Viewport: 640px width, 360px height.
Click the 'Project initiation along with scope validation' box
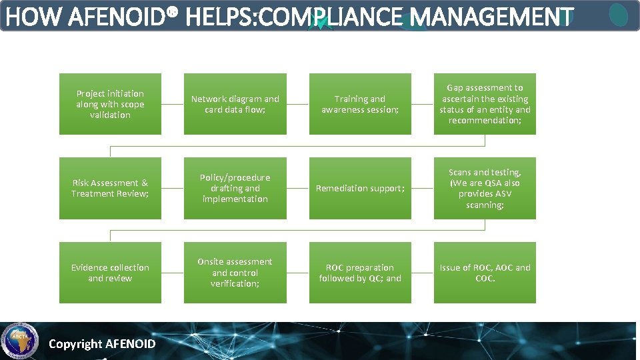(110, 104)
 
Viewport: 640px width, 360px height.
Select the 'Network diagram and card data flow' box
(235, 104)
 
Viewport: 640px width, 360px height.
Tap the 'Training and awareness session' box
(360, 104)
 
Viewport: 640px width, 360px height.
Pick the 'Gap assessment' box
(485, 104)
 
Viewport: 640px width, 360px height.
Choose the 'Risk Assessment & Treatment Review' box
(110, 188)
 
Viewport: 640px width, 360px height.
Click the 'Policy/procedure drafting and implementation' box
(235, 188)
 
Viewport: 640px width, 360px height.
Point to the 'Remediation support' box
(360, 188)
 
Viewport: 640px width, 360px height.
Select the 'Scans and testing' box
(485, 188)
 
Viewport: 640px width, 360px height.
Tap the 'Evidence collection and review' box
(110, 273)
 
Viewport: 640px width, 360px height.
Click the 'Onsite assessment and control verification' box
(235, 273)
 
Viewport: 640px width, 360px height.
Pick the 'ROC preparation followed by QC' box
(360, 273)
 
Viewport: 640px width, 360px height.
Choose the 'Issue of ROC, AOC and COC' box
(485, 273)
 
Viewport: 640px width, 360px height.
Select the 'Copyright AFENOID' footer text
(102, 344)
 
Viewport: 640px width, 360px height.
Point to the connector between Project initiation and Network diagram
(173, 104)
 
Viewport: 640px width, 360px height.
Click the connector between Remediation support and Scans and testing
(423, 188)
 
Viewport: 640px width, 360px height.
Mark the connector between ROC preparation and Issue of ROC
(423, 273)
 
